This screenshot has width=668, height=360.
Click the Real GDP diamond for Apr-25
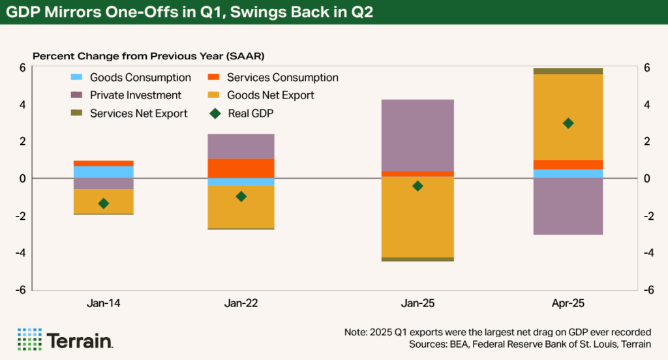[x=568, y=123]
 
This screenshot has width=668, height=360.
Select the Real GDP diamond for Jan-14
[x=103, y=203]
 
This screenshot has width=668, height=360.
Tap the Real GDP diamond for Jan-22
[x=241, y=196]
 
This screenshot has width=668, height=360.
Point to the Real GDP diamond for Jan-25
[x=418, y=186]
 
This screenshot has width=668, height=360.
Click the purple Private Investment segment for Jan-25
[x=418, y=135]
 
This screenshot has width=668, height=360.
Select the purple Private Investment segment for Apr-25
[x=568, y=206]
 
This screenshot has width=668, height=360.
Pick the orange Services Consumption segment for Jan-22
[x=241, y=168]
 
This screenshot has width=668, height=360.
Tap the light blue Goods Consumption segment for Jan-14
[x=103, y=172]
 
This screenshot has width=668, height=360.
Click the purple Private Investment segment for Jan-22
[x=241, y=146]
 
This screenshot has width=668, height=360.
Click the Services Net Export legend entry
[x=130, y=113]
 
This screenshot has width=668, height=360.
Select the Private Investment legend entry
[x=127, y=95]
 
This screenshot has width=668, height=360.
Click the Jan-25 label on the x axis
[x=418, y=303]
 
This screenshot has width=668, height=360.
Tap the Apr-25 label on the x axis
[x=568, y=303]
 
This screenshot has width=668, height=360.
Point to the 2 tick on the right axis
[x=647, y=142]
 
